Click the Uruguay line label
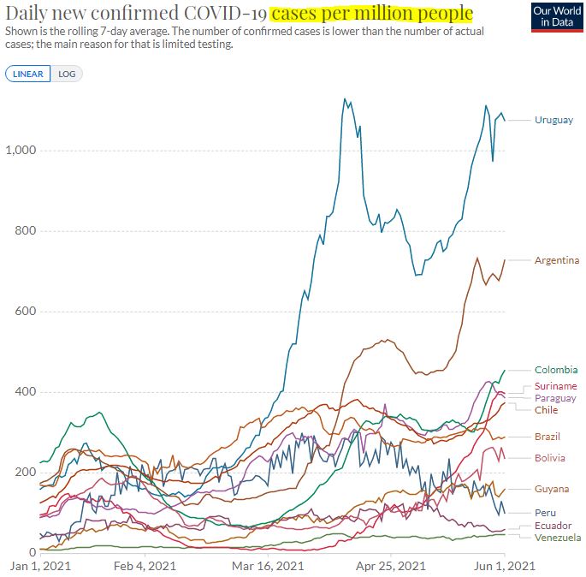553,120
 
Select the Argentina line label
556,260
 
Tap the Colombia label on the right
555,370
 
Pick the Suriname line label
555,386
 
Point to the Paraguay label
555,398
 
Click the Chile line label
546,410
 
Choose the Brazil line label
548,437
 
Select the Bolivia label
549,458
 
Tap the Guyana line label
551,489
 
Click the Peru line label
545,512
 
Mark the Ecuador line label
553,525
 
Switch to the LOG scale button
67,74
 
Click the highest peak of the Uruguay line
344,98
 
